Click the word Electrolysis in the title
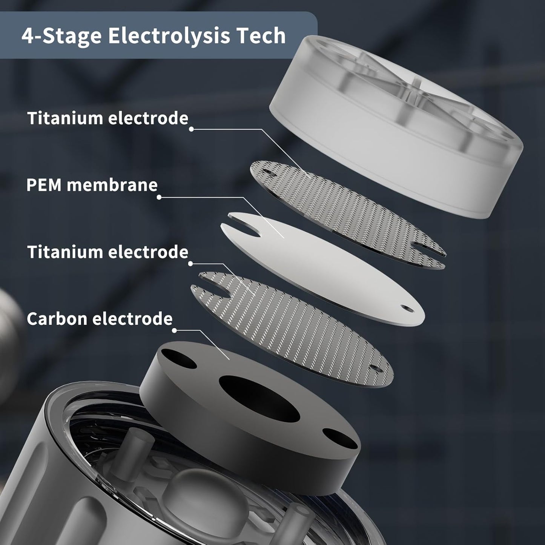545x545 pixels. [169, 36]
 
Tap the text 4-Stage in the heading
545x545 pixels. [61, 36]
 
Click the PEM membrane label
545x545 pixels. [92, 185]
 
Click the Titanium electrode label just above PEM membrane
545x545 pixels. [108, 118]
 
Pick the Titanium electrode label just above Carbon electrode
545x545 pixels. [108, 252]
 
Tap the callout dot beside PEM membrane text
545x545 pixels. [159, 197]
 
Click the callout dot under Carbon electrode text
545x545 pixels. [175, 330]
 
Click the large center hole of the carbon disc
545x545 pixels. [259, 399]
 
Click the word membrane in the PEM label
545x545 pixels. [112, 185]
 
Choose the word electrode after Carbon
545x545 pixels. [132, 319]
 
